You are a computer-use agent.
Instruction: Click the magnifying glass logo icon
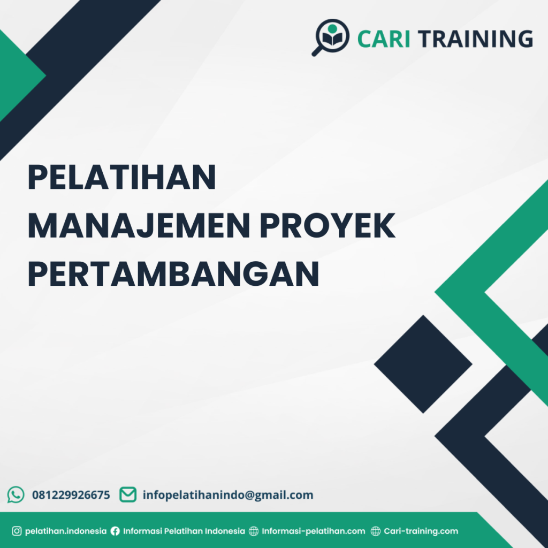(330, 37)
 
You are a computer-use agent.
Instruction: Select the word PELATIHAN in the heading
(121, 178)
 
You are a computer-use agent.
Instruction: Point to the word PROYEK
(327, 226)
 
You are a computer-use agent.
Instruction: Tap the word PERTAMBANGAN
(173, 273)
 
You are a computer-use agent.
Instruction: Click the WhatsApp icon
(16, 494)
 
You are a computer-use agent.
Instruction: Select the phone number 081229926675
(71, 495)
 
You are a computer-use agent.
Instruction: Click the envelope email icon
(127, 494)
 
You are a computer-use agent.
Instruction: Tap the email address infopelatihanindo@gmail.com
(228, 495)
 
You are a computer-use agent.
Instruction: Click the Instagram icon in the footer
(17, 531)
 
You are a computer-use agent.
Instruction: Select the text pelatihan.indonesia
(66, 531)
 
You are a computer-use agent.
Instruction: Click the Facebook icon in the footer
(115, 531)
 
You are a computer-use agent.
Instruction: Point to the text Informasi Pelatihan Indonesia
(184, 531)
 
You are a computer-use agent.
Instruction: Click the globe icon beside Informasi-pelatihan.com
(254, 531)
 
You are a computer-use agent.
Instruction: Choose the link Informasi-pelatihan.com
(314, 531)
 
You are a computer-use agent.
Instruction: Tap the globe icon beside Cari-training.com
(376, 531)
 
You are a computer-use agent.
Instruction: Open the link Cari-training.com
(421, 531)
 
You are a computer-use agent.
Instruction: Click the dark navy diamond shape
(423, 364)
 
